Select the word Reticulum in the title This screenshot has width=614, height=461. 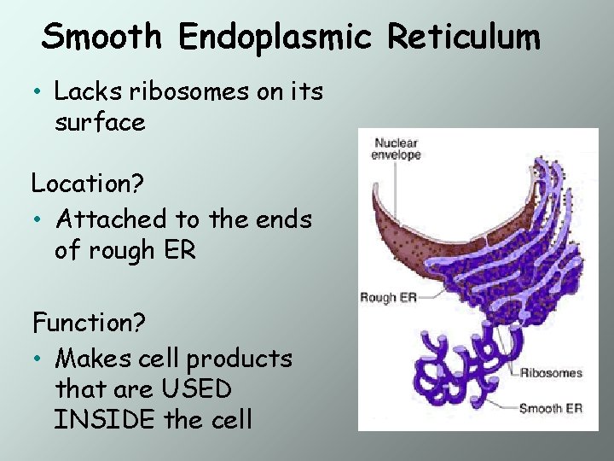click(464, 37)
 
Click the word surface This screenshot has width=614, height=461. click(100, 123)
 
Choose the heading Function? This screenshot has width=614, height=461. click(89, 323)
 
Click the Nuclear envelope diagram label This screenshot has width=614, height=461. click(397, 149)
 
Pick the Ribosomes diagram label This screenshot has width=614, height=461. click(551, 373)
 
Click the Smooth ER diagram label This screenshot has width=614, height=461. click(551, 408)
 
